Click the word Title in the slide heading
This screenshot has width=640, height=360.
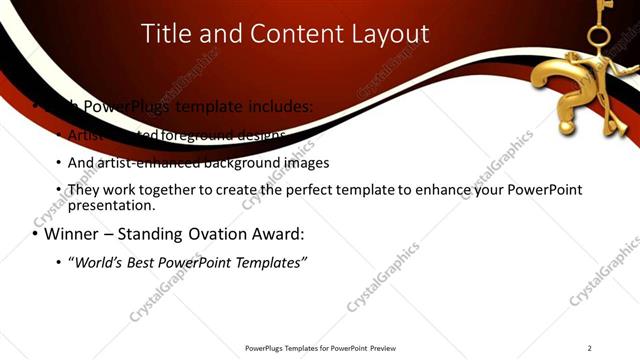165,34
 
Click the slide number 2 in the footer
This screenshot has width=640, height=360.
590,348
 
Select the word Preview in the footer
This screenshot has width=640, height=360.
382,348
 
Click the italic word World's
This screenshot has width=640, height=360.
106,262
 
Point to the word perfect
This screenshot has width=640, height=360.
335,190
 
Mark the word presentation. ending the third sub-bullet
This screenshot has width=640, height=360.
111,206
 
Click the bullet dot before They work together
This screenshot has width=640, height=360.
59,190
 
